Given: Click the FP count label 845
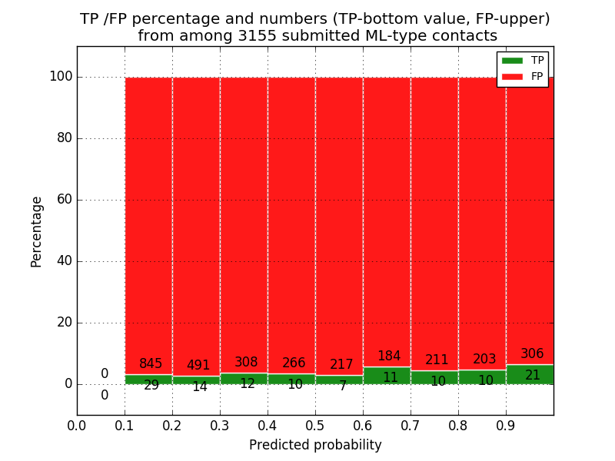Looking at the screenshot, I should pyautogui.click(x=151, y=364).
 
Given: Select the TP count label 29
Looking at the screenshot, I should pyautogui.click(x=151, y=385).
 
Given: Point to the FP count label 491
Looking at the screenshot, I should pyautogui.click(x=198, y=366).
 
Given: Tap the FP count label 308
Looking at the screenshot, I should pyautogui.click(x=246, y=363).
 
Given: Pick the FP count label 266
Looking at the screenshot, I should pyautogui.click(x=294, y=363).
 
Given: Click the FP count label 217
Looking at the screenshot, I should pyautogui.click(x=341, y=365).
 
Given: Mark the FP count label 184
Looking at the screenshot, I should pyautogui.click(x=389, y=357).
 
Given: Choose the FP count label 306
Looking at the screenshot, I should pyautogui.click(x=532, y=354).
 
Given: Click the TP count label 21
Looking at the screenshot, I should pyautogui.click(x=532, y=376).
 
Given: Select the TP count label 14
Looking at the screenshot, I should pyautogui.click(x=199, y=387).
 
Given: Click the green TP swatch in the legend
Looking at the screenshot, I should pyautogui.click(x=512, y=61).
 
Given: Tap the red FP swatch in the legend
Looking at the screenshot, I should pyautogui.click(x=512, y=76).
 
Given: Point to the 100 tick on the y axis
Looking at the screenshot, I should pyautogui.click(x=61, y=77).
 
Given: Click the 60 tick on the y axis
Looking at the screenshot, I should pyautogui.click(x=64, y=200).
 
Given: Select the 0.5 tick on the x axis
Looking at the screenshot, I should pyautogui.click(x=315, y=426).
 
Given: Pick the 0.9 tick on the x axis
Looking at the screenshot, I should pyautogui.click(x=506, y=426).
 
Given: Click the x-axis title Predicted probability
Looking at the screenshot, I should pyautogui.click(x=315, y=445).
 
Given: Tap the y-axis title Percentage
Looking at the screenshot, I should pyautogui.click(x=37, y=231).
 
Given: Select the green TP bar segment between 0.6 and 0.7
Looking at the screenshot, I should pyautogui.click(x=387, y=376).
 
